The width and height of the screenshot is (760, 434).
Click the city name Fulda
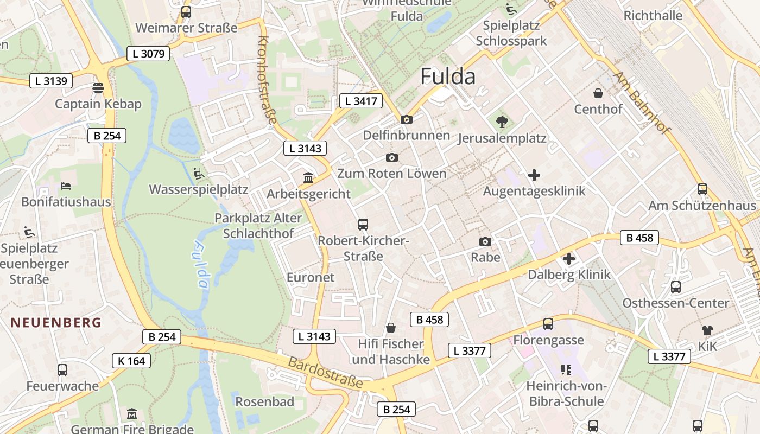click(448, 76)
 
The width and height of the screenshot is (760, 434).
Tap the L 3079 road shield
click(148, 54)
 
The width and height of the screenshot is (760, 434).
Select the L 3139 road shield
click(51, 81)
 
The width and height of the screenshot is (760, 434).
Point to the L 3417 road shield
click(361, 100)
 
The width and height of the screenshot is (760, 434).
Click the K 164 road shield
click(131, 361)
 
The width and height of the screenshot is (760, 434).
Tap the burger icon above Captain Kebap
click(98, 88)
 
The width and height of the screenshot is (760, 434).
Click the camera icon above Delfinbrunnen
click(406, 119)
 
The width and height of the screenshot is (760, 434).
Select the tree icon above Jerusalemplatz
click(502, 122)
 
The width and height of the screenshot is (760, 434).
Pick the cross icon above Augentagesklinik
click(534, 175)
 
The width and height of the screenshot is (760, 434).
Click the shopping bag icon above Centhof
click(598, 93)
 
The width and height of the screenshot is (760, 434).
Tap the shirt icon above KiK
click(707, 330)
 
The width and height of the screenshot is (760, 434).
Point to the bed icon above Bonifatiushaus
click(66, 186)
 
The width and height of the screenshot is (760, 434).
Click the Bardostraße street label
click(325, 373)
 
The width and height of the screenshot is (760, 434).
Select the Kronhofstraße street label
click(267, 80)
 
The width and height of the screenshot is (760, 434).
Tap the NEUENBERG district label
click(56, 323)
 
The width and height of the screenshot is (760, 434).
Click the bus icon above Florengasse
click(548, 324)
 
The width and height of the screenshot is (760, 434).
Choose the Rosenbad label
click(265, 402)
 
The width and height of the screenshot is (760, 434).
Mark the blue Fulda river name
click(200, 265)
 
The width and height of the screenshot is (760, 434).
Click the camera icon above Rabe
click(485, 241)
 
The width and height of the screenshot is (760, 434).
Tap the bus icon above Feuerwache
click(62, 370)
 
